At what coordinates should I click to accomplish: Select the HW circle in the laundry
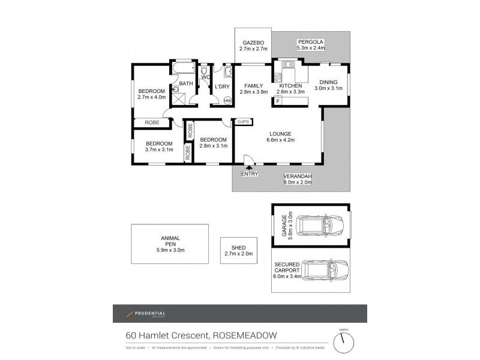227,101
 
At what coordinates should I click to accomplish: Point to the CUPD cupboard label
243,122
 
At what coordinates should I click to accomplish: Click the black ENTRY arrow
248,168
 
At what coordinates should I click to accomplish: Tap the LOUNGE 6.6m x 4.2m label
280,137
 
